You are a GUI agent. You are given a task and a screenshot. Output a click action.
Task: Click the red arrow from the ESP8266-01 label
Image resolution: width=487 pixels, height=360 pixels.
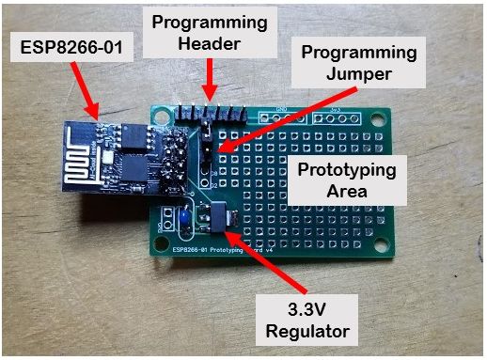click(98, 98)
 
